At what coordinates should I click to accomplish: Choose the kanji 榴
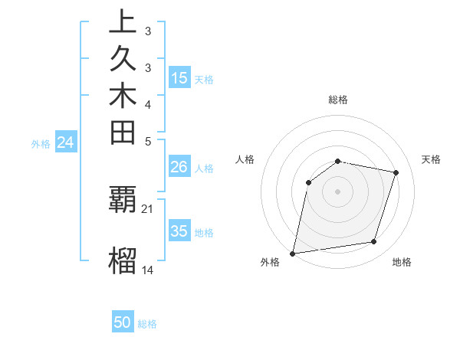(x=123, y=260)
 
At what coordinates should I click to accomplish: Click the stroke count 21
(x=148, y=208)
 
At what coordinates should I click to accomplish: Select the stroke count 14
(x=148, y=270)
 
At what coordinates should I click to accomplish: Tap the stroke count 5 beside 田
(x=148, y=141)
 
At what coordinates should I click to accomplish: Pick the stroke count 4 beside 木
(x=148, y=104)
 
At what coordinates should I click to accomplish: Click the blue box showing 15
(x=179, y=78)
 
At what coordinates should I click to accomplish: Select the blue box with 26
(x=179, y=167)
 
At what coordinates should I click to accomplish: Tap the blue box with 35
(x=179, y=231)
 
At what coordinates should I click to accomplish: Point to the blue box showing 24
(x=66, y=142)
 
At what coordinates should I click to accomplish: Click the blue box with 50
(x=123, y=322)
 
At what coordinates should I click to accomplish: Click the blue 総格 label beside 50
(x=147, y=324)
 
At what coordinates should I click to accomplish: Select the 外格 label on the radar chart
(x=270, y=263)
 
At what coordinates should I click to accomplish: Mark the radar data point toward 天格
(x=396, y=173)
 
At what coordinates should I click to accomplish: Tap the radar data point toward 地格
(x=374, y=242)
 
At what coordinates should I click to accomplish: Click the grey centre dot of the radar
(x=337, y=191)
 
